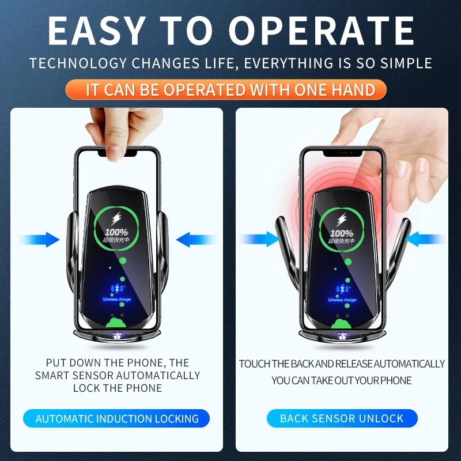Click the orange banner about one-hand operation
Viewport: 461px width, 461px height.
pyautogui.click(x=231, y=90)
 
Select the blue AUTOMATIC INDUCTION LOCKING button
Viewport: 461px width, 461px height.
pyautogui.click(x=117, y=419)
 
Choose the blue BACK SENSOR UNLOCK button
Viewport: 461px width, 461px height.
pyautogui.click(x=342, y=419)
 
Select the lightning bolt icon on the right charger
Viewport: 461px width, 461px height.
pyautogui.click(x=342, y=220)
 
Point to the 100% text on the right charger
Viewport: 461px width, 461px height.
pyautogui.click(x=342, y=233)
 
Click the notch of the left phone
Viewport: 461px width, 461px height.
pyautogui.click(x=118, y=154)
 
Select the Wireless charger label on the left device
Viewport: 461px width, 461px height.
pyautogui.click(x=118, y=300)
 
